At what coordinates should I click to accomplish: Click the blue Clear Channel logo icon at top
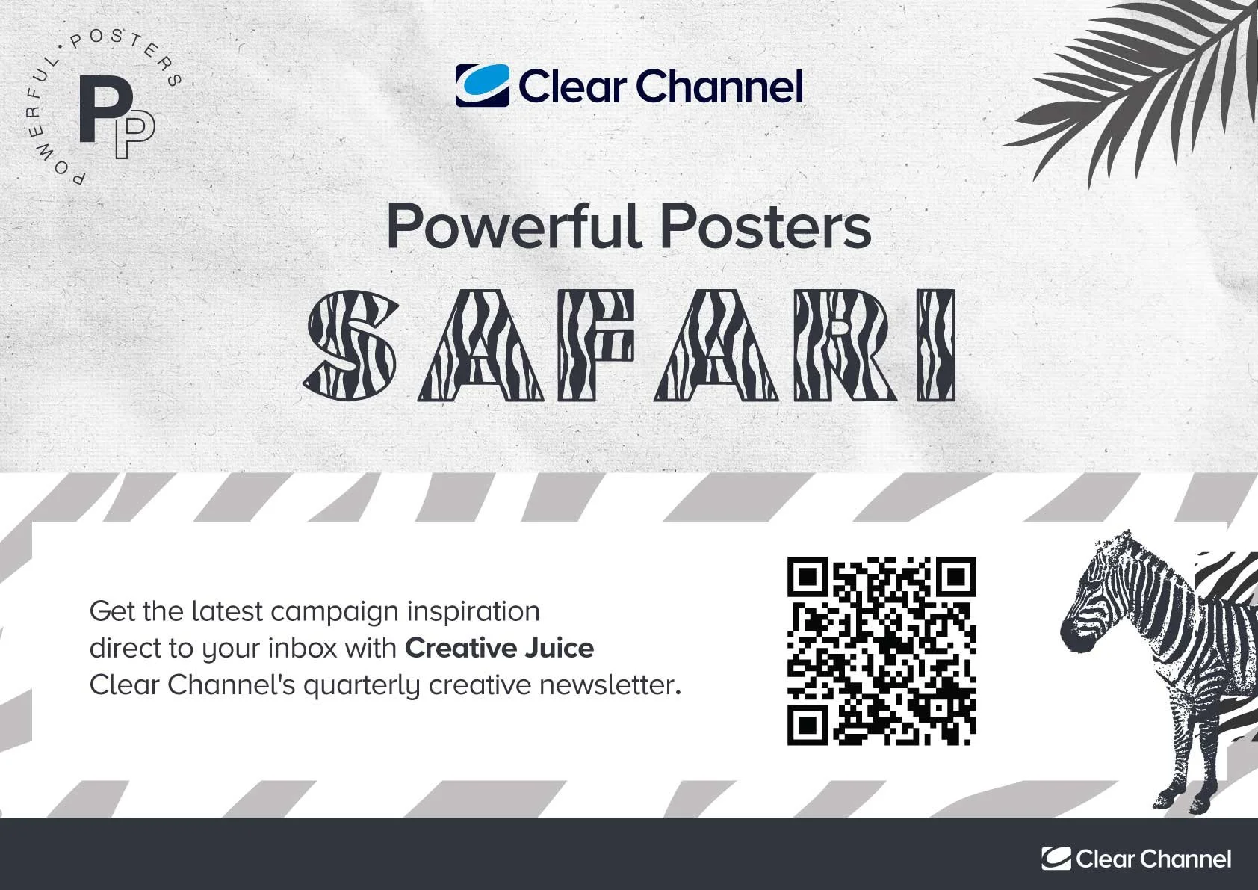coord(483,85)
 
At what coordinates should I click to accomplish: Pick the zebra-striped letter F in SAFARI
coord(597,345)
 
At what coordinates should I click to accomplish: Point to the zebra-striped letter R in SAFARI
coord(846,345)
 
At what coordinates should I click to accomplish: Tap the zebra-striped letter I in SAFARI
coord(936,345)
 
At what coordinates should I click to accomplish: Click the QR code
coord(881,651)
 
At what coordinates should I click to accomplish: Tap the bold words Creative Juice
coord(499,648)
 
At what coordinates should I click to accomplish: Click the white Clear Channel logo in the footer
coord(1136,859)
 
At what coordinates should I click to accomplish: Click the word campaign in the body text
coord(335,612)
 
